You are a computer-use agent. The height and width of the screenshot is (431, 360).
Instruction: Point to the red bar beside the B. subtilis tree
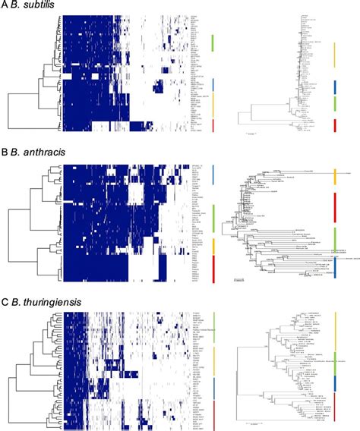tap(335, 126)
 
